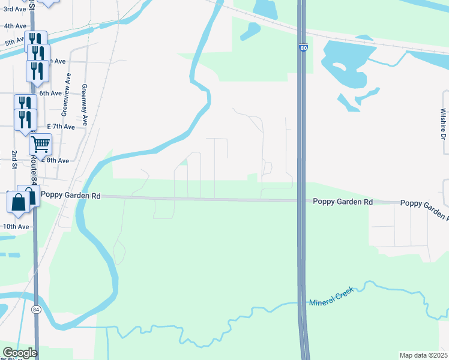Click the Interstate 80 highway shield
pyautogui.click(x=304, y=47)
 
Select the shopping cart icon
pyautogui.click(x=40, y=144)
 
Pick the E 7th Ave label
pyautogui.click(x=61, y=127)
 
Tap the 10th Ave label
pyautogui.click(x=16, y=226)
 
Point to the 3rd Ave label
pyautogui.click(x=14, y=10)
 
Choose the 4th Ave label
pyautogui.click(x=15, y=26)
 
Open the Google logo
pyautogui.click(x=19, y=352)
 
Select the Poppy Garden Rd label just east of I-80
pyautogui.click(x=343, y=202)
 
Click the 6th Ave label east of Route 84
pyautogui.click(x=50, y=93)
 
